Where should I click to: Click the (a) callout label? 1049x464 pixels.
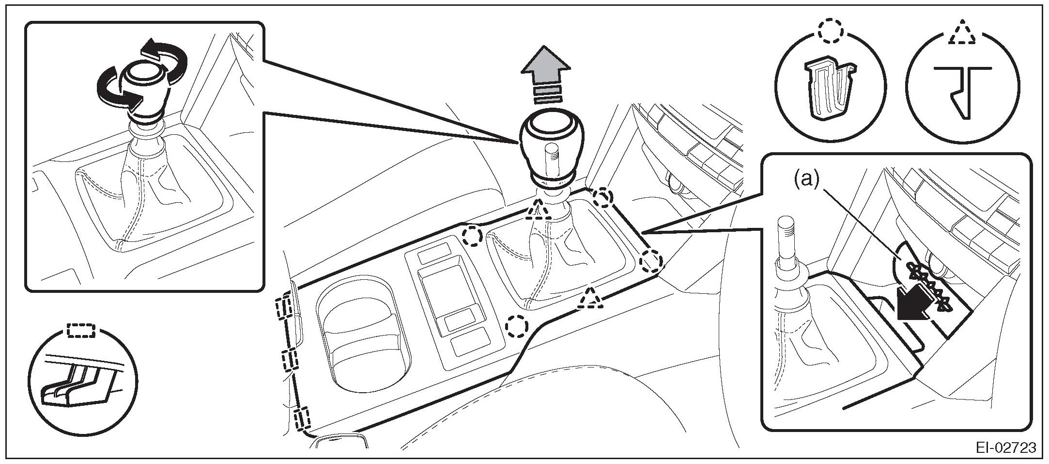(805, 179)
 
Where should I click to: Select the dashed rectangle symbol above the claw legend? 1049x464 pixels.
(81, 331)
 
